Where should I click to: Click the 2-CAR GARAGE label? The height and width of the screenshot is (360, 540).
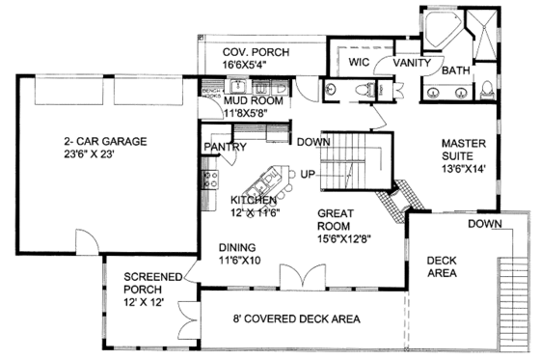(99, 142)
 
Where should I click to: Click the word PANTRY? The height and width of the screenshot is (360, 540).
(226, 147)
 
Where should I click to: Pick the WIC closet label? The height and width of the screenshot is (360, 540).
(360, 61)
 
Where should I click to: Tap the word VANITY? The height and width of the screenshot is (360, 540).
(411, 61)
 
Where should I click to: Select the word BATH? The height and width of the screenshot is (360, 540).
(456, 70)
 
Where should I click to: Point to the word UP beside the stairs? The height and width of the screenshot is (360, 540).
(309, 174)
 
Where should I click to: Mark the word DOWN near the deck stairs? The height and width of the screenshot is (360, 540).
(487, 224)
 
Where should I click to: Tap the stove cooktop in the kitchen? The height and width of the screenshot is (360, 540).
(207, 178)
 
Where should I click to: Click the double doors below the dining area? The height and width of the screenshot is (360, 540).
(294, 278)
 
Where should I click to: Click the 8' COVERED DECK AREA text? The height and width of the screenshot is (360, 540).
(283, 318)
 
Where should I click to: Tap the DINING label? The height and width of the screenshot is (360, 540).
(237, 246)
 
